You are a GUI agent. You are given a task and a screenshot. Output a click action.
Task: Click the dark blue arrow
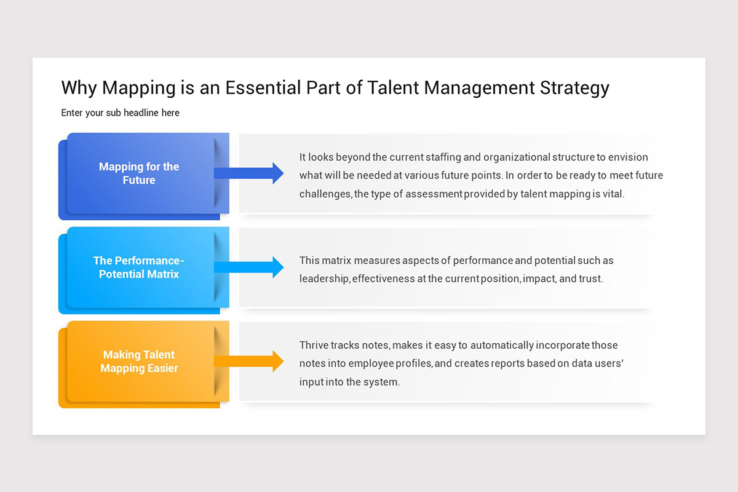coord(249,173)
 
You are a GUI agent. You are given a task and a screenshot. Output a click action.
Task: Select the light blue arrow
coord(249,267)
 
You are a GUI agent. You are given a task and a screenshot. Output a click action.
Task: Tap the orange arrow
coord(249,362)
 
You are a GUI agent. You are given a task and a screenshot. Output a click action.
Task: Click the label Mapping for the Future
coord(139,173)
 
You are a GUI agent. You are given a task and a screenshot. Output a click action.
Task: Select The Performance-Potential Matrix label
coord(139,267)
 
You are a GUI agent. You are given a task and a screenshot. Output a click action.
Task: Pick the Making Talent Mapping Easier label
coord(139,362)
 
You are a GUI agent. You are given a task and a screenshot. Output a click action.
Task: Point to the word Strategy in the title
coord(574,88)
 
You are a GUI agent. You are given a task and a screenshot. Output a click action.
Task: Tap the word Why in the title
coord(79,88)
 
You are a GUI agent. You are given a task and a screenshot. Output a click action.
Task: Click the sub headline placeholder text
coord(120,113)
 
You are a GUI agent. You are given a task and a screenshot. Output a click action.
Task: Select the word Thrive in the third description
coord(314,345)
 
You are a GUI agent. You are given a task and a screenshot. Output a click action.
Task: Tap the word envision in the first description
coord(628,157)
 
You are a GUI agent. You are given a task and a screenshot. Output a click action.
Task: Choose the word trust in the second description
coord(590,279)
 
